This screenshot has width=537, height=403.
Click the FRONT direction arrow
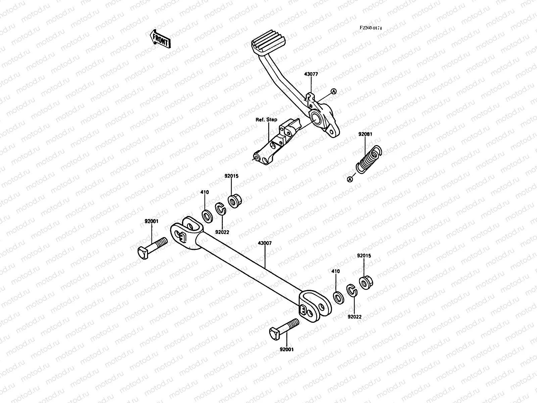point(160,39)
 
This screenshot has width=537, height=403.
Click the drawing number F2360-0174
point(371,28)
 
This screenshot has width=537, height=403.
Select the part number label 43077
point(311,74)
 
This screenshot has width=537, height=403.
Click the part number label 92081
point(365,134)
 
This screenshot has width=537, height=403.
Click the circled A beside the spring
point(350,179)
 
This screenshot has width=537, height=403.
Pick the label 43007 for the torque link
point(265,243)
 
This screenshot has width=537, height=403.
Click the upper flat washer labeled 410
point(207,215)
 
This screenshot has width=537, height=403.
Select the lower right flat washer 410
point(338,297)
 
